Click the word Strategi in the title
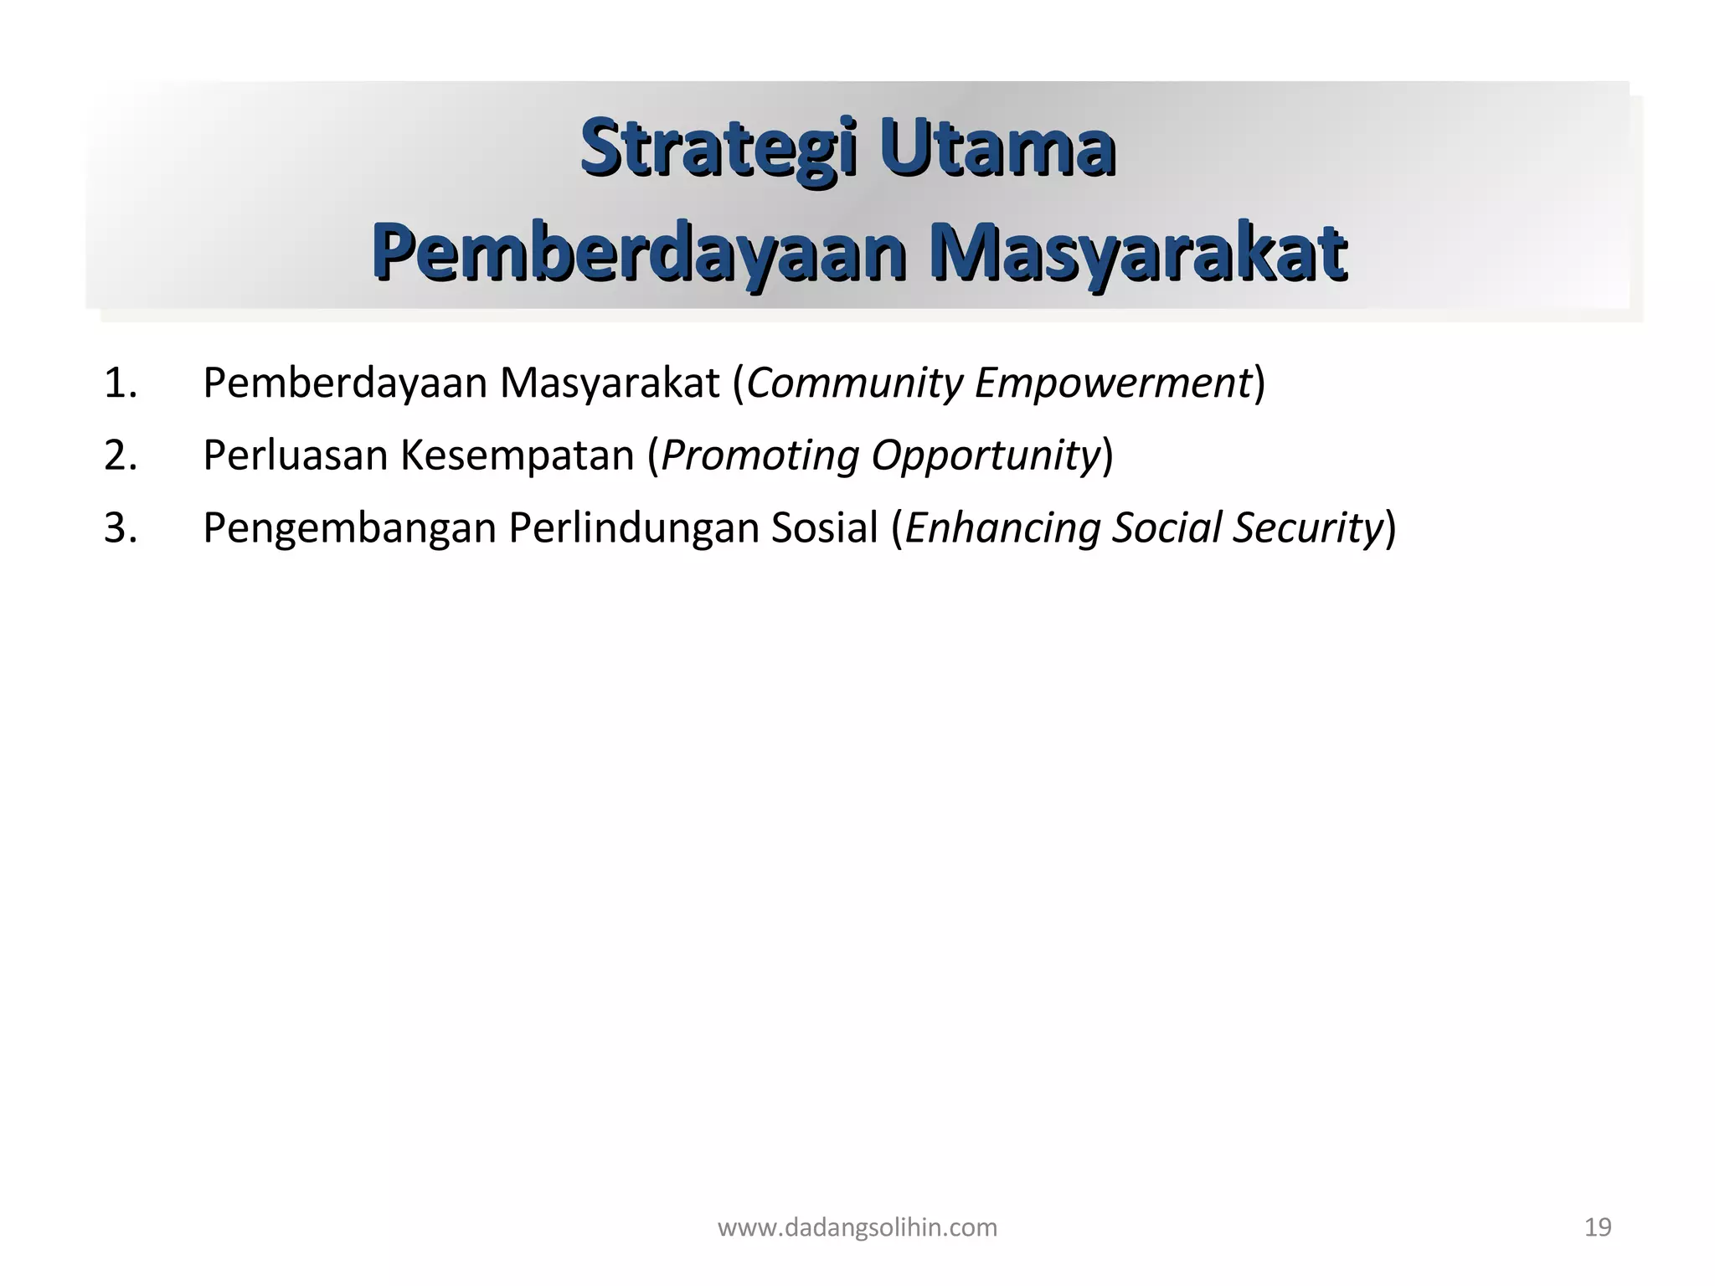pyautogui.click(x=718, y=149)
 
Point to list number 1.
pyautogui.click(x=121, y=383)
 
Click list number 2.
pyautogui.click(x=121, y=456)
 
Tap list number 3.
pyautogui.click(x=121, y=528)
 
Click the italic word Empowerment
pyautogui.click(x=1112, y=383)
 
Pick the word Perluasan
pyautogui.click(x=294, y=456)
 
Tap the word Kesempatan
pyautogui.click(x=517, y=456)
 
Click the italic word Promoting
pyautogui.click(x=760, y=456)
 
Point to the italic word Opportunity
pyautogui.click(x=985, y=456)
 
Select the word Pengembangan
pyautogui.click(x=349, y=528)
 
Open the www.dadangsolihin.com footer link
pyautogui.click(x=857, y=1227)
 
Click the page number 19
pyautogui.click(x=1598, y=1227)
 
